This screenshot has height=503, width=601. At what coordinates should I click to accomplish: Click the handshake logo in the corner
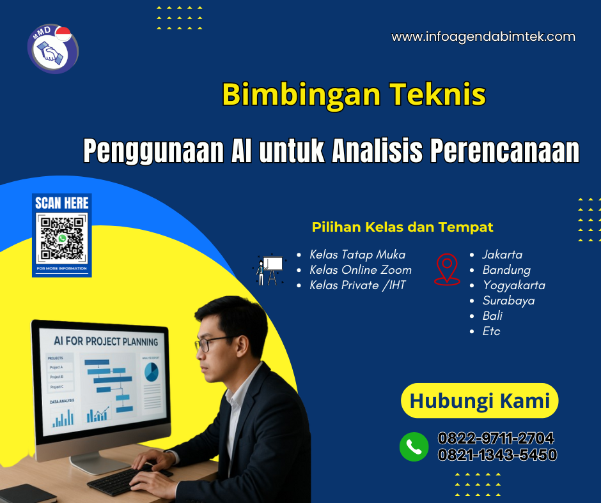tap(52, 49)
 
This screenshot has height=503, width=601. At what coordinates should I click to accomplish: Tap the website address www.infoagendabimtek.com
tap(483, 37)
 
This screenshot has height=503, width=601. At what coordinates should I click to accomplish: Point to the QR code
tap(62, 239)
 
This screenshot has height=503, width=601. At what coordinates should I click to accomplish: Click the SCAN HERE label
tap(62, 204)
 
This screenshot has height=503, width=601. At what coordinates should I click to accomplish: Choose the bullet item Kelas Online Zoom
tap(360, 270)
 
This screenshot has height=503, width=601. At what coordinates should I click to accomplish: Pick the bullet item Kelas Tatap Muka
tap(357, 255)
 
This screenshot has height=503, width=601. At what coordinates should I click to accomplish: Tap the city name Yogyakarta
tap(513, 285)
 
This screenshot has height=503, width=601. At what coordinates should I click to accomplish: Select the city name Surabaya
tap(508, 301)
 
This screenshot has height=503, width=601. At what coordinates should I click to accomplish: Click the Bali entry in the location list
tap(492, 316)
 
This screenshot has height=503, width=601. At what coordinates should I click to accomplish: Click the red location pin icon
tap(446, 269)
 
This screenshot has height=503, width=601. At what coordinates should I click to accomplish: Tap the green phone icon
tap(414, 447)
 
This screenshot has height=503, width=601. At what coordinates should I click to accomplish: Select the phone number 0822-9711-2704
tap(496, 439)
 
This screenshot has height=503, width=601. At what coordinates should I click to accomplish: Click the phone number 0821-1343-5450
tap(497, 455)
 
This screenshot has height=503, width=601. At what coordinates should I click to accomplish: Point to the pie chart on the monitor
tap(151, 372)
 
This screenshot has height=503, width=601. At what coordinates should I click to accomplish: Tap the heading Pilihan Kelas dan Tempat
tap(402, 227)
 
